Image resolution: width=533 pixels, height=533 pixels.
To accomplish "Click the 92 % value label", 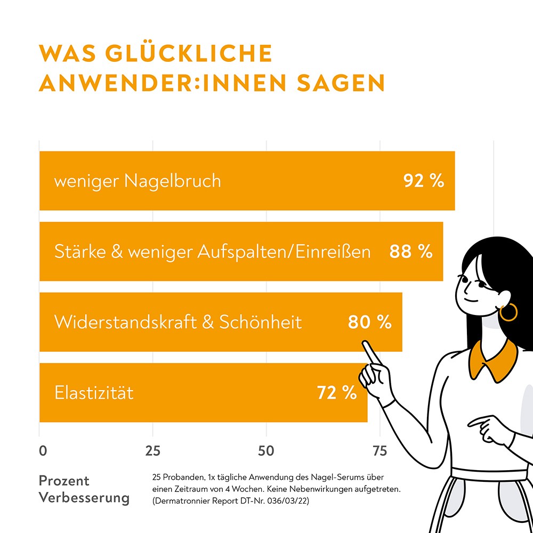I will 424,181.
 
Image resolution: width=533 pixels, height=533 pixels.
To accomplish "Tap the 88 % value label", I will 410,252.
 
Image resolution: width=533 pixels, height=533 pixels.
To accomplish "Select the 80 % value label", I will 369,322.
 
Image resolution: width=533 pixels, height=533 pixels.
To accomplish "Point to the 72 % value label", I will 337,393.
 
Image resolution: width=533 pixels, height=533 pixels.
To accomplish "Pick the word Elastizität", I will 94,393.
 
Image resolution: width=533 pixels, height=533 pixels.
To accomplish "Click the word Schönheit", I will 261,322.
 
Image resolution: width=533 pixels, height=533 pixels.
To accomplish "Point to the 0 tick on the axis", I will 43,451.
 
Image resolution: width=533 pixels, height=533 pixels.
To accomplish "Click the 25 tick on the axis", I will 153,451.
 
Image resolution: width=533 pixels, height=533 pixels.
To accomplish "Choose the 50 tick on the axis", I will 266,451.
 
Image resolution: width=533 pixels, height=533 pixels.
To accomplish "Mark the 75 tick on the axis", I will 379,451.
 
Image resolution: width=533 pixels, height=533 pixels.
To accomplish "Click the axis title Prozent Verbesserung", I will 84,489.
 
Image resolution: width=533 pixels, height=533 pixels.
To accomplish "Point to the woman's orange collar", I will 493,358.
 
